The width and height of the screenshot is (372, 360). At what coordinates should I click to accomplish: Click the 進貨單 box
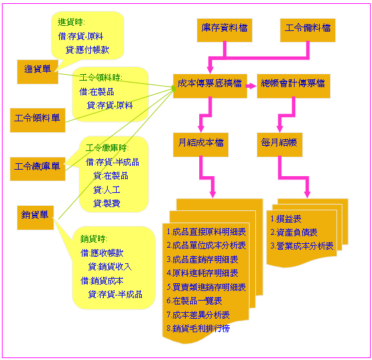click(37, 72)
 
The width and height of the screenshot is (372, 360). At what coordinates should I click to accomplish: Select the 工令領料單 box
click(37, 120)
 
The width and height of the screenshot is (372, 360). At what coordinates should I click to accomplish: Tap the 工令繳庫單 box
click(37, 169)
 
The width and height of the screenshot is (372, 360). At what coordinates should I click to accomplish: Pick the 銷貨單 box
click(35, 217)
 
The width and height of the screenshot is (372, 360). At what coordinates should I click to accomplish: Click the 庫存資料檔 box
click(224, 30)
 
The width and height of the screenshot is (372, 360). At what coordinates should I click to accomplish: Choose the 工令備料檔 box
click(308, 30)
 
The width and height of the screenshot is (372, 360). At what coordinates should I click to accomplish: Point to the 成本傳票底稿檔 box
click(210, 86)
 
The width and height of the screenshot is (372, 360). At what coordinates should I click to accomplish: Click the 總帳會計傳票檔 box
click(293, 86)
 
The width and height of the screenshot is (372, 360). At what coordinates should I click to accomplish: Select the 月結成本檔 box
click(201, 145)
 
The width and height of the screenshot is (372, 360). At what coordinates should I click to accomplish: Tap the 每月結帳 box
click(280, 145)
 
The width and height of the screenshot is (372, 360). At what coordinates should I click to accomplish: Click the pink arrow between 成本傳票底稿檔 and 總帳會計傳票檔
click(251, 86)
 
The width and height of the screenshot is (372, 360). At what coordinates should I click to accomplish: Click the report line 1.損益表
click(286, 219)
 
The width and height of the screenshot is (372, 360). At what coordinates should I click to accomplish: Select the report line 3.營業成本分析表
click(302, 246)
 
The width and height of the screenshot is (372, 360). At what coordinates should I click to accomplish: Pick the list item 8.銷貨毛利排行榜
click(198, 328)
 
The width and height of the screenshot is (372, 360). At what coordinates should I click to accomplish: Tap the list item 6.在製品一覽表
click(194, 301)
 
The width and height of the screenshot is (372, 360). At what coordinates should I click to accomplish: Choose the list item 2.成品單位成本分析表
click(206, 245)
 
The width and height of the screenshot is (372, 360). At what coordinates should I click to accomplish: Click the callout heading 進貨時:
click(71, 22)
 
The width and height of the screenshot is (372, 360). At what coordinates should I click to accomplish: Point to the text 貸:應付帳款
click(87, 50)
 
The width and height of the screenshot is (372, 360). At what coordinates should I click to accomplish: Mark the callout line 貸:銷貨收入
click(110, 266)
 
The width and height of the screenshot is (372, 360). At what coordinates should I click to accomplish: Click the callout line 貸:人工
click(107, 190)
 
